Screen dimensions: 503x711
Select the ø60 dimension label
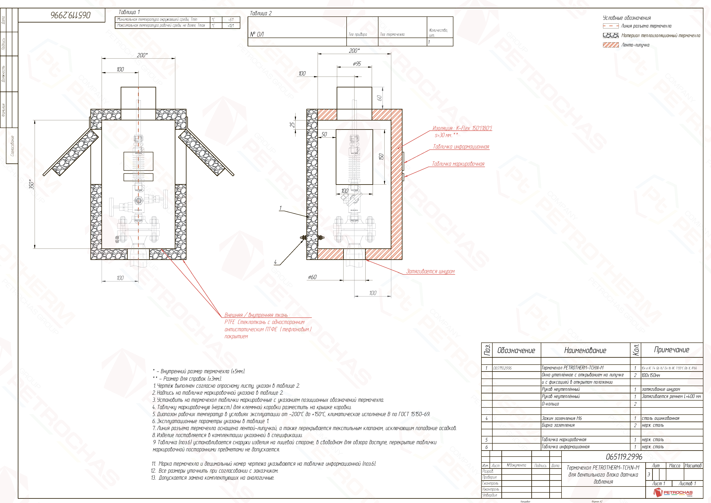(312, 277)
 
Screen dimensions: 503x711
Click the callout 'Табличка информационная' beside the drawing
(461, 147)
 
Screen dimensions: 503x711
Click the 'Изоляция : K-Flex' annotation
(462, 128)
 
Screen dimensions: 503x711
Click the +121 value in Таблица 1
(231, 25)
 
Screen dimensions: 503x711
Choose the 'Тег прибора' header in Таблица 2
(358, 34)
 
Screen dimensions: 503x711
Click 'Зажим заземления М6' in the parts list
(562, 418)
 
